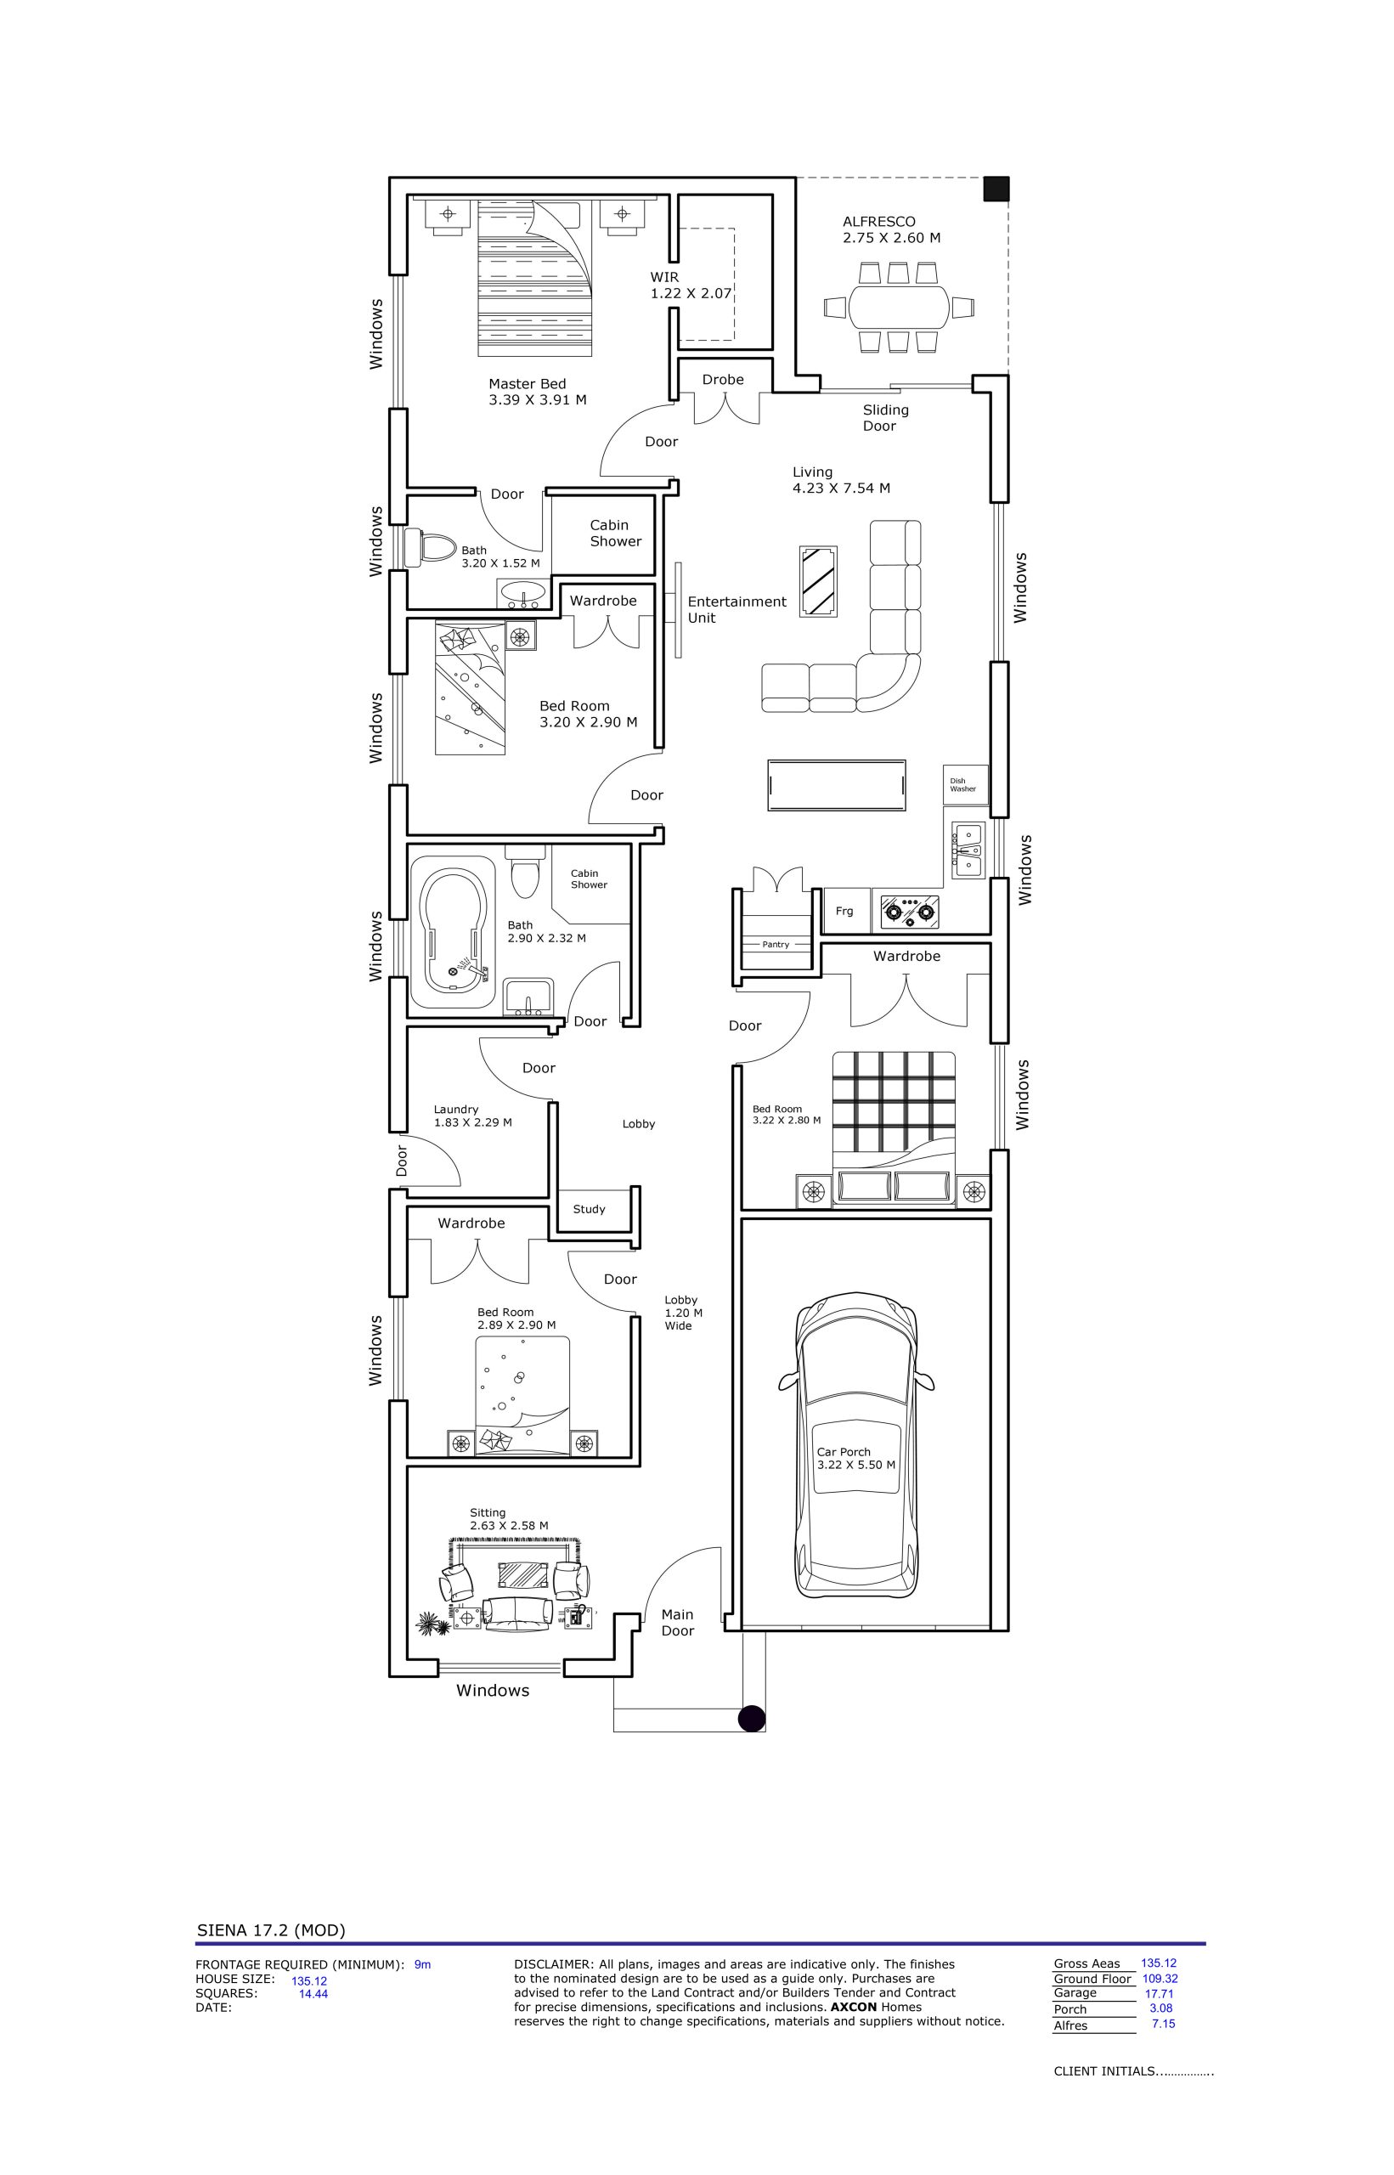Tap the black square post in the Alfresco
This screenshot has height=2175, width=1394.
coord(996,189)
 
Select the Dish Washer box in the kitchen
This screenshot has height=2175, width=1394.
coord(965,785)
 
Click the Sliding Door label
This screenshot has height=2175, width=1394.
coord(884,418)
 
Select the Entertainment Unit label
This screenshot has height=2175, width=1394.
coord(737,609)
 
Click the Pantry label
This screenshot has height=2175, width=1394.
coord(776,944)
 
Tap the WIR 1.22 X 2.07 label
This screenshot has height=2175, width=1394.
coord(691,285)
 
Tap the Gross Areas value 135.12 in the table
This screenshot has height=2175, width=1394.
coord(1159,1963)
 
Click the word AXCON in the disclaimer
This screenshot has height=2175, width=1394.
coord(854,2007)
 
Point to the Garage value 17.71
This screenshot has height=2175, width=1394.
coord(1160,1993)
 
